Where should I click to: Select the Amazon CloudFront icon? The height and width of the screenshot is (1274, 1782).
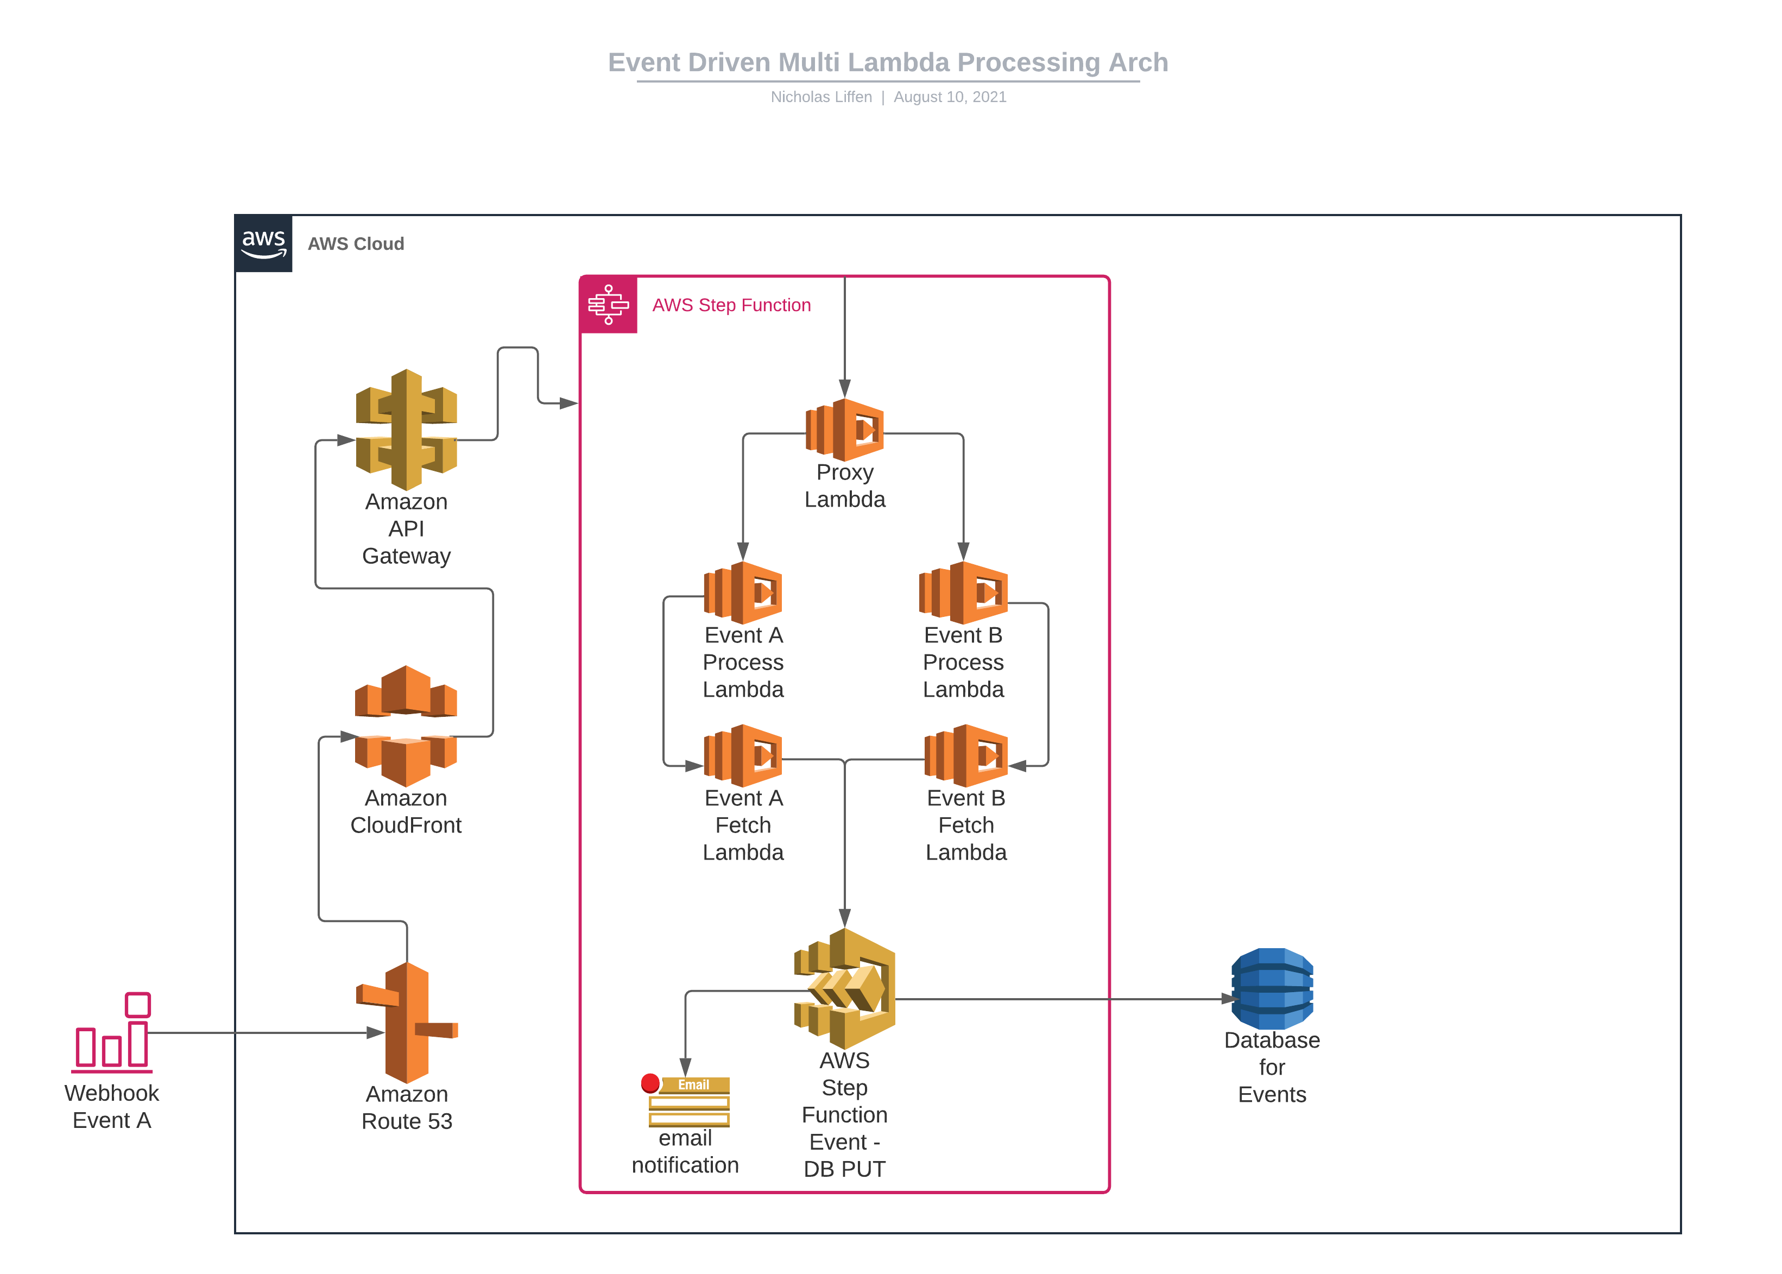click(x=406, y=726)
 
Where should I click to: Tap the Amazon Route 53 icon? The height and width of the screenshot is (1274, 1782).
click(x=406, y=1022)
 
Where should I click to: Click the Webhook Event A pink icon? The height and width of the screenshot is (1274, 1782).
click(x=112, y=1033)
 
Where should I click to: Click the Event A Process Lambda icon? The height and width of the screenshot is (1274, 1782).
click(x=743, y=592)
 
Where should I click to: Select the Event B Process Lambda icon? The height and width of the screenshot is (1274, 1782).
click(x=963, y=592)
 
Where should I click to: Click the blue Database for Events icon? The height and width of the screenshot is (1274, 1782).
click(x=1272, y=988)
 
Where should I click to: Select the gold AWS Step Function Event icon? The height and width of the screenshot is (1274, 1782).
click(x=845, y=988)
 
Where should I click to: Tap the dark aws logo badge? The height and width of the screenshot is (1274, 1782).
click(x=263, y=243)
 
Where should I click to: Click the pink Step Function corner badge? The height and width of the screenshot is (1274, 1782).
click(x=609, y=304)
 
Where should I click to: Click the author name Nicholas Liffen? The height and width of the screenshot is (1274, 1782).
click(x=820, y=97)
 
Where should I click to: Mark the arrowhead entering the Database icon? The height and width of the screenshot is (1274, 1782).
click(x=1229, y=999)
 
